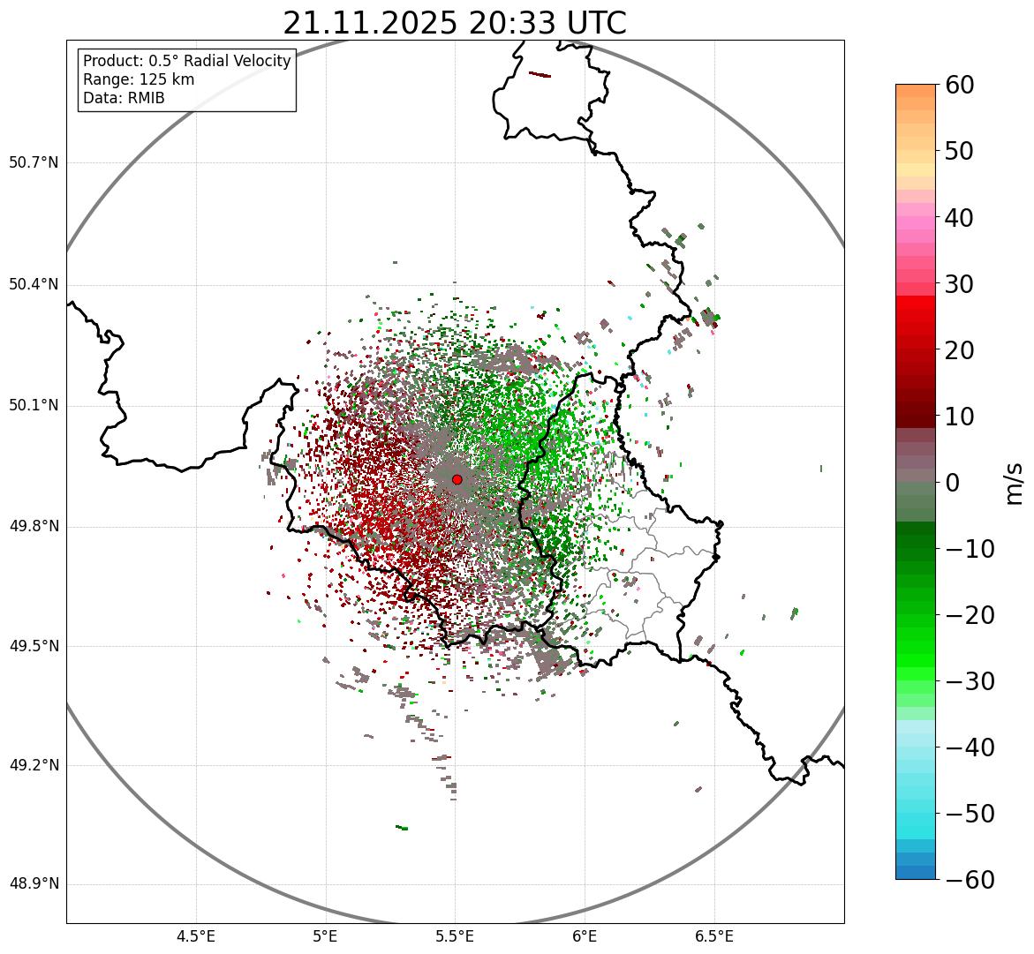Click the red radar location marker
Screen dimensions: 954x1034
click(x=457, y=479)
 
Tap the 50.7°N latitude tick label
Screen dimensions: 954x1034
click(x=34, y=162)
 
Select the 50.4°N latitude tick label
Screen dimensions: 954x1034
click(x=34, y=284)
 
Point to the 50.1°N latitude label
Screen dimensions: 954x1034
click(x=34, y=405)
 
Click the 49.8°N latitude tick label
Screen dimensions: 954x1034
click(x=34, y=526)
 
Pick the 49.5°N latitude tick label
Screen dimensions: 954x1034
click(x=34, y=646)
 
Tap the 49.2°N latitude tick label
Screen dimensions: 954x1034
click(x=34, y=765)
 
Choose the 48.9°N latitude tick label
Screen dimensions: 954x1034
click(x=34, y=884)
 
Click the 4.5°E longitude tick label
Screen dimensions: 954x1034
click(x=196, y=936)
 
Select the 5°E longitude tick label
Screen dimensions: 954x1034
click(x=326, y=936)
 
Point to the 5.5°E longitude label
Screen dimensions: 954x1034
click(x=456, y=936)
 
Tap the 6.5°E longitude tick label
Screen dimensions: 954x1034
click(x=714, y=936)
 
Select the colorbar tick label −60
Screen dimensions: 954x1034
click(x=970, y=880)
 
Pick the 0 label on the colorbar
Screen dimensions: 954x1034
click(x=952, y=483)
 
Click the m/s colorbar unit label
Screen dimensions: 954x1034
click(x=1015, y=483)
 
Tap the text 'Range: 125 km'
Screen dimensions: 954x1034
click(x=139, y=79)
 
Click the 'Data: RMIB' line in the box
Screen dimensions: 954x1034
click(x=124, y=98)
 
